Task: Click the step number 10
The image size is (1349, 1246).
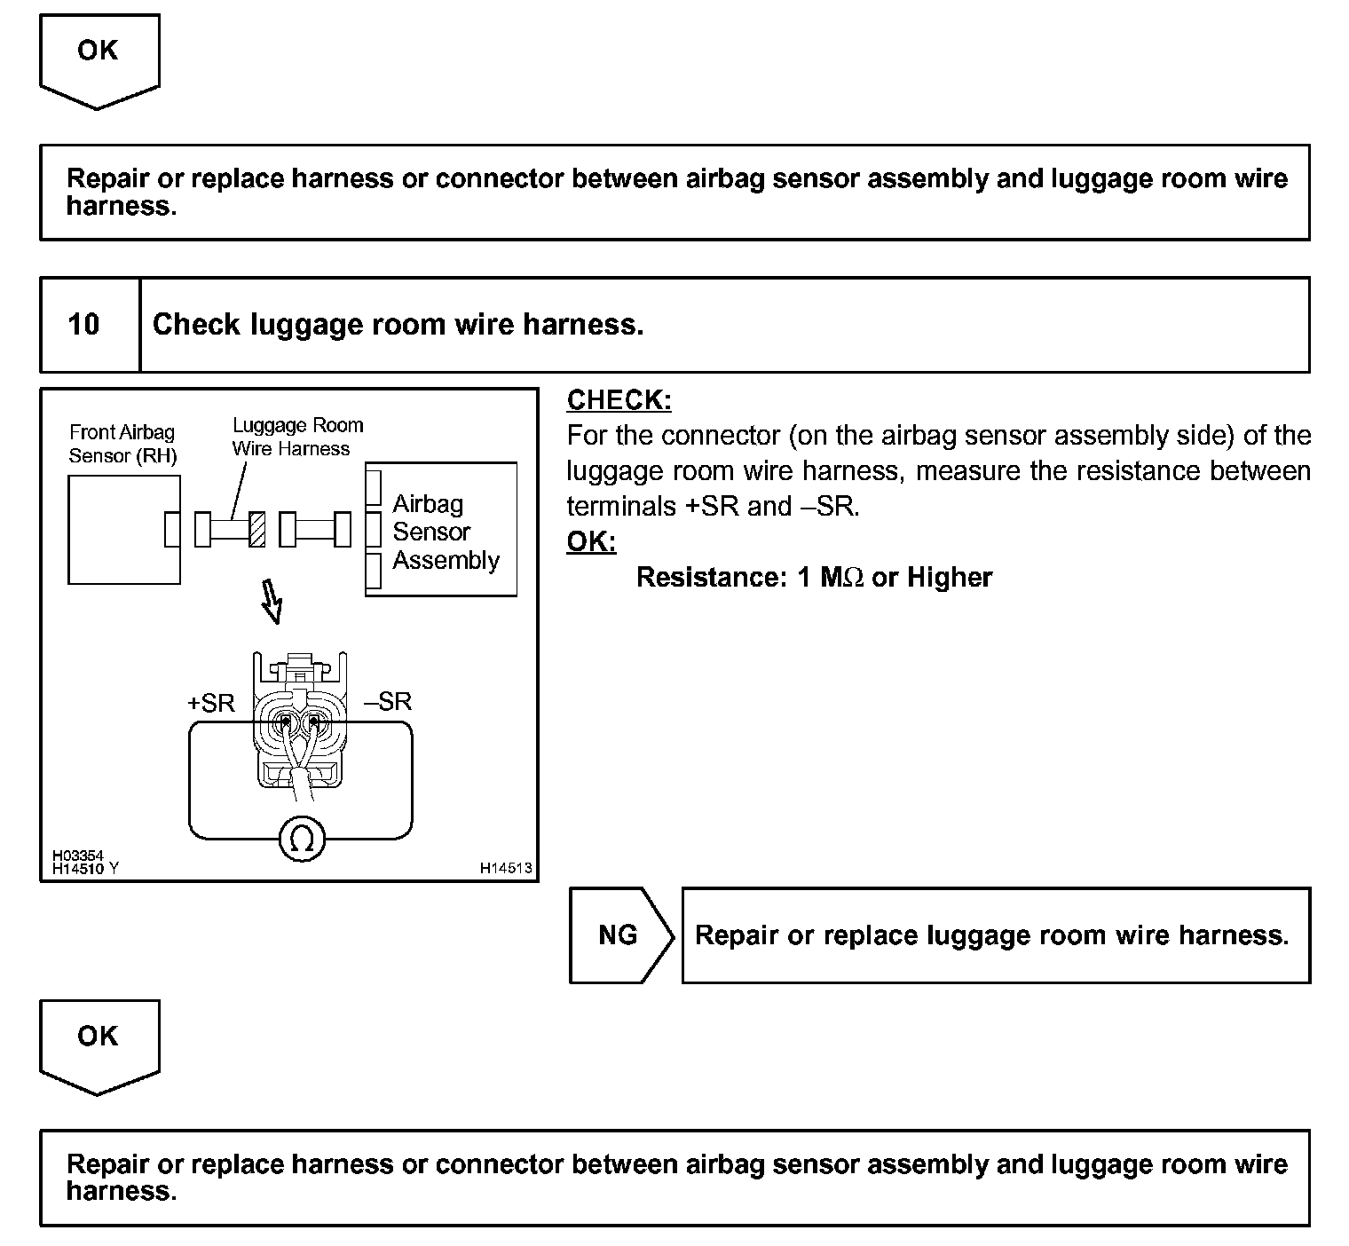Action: [84, 324]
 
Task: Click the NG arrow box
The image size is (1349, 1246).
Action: [619, 935]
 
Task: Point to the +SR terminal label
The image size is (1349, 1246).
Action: [211, 704]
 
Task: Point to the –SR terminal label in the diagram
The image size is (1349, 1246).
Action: [389, 702]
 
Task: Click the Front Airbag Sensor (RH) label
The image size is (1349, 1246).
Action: [122, 445]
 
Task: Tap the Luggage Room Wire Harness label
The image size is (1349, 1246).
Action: [297, 438]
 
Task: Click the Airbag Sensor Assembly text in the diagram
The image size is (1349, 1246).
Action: [446, 532]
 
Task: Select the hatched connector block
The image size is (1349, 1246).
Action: [257, 530]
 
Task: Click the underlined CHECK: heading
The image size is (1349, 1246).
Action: [619, 400]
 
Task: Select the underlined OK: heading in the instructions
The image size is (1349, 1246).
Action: [591, 541]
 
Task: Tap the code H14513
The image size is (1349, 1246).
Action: [506, 868]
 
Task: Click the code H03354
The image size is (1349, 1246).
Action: [78, 856]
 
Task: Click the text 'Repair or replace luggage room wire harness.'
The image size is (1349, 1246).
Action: [991, 935]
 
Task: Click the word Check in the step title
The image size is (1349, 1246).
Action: [196, 325]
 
